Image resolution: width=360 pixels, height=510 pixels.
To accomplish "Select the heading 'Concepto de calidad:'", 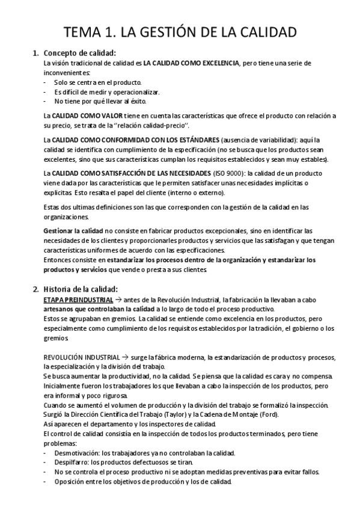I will [x=80, y=52].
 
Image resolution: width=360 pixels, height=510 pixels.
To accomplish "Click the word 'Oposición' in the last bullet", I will [x=70, y=481].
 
